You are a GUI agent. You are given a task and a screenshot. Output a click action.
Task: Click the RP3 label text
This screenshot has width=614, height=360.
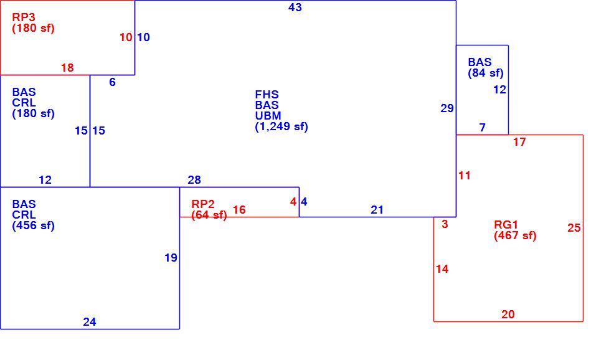(24, 17)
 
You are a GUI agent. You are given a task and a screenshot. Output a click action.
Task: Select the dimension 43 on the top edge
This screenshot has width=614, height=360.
(295, 7)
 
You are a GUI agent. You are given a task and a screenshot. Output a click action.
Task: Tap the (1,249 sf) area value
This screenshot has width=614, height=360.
(281, 126)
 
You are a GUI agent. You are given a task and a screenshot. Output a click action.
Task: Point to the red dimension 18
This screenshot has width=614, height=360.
(67, 68)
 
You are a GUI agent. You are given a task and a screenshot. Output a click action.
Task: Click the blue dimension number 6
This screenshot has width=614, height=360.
(112, 82)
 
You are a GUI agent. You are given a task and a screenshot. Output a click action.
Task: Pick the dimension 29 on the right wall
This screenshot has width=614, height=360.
(446, 108)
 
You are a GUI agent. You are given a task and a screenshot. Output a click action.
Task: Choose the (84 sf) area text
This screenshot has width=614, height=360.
(486, 73)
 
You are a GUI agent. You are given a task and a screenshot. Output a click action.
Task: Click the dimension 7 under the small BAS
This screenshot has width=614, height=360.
(483, 127)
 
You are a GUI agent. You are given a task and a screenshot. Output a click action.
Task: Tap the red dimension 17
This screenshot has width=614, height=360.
(519, 142)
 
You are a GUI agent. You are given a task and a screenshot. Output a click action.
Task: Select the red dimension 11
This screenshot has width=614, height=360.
(464, 176)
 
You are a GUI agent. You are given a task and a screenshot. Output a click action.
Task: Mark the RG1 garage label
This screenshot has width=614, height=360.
(506, 225)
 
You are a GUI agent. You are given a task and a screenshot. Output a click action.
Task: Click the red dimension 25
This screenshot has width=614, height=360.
(574, 228)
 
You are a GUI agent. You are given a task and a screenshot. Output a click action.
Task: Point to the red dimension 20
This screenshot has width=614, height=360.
(508, 314)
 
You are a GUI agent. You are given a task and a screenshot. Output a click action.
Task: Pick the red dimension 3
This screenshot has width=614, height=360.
(445, 224)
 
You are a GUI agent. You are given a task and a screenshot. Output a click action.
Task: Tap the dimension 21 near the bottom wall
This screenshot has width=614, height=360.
(377, 210)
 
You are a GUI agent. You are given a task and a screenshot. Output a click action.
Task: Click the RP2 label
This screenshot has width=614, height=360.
(203, 204)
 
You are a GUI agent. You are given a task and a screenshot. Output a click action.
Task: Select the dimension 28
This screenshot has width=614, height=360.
(194, 180)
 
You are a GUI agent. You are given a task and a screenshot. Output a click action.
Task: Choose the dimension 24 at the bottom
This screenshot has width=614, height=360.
(89, 321)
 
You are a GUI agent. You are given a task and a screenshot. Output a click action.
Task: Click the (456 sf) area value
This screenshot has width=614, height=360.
(33, 225)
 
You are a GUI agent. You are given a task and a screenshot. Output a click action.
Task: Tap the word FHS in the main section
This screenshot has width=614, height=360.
(267, 95)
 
